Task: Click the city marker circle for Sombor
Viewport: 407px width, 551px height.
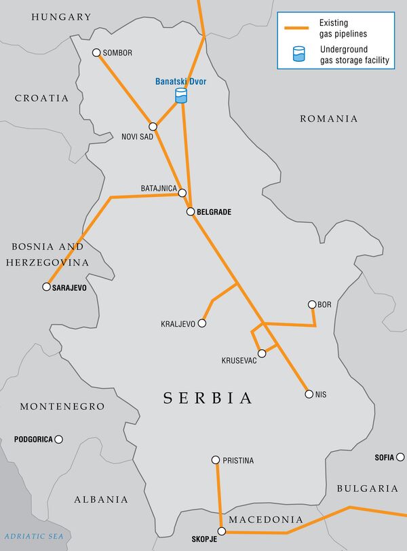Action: coord(96,52)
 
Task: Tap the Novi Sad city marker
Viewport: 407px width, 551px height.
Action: coord(153,126)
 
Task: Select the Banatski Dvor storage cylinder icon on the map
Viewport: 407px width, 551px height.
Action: coord(180,96)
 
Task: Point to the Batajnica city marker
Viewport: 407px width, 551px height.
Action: coord(182,193)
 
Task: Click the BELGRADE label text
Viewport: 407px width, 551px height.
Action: coord(214,212)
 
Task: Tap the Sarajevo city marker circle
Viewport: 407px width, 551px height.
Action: coord(47,287)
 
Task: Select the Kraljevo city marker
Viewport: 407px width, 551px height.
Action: coord(201,323)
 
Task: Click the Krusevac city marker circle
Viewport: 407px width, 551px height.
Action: coord(262,353)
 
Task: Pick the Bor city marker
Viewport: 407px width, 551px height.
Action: coord(312,304)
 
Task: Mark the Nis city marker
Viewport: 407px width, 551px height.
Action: coord(309,394)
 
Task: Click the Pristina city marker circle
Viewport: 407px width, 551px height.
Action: coord(216,460)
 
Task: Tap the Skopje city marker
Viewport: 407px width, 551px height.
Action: coord(221,531)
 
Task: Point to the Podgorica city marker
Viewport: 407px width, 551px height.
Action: coord(59,440)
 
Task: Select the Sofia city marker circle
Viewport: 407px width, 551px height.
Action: coord(400,457)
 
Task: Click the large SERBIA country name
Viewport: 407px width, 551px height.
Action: coord(208,398)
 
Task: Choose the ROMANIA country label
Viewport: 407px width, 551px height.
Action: coord(328,119)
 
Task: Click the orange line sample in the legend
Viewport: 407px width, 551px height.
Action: coord(297,29)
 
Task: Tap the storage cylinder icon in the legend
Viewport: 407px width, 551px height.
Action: coord(297,54)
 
